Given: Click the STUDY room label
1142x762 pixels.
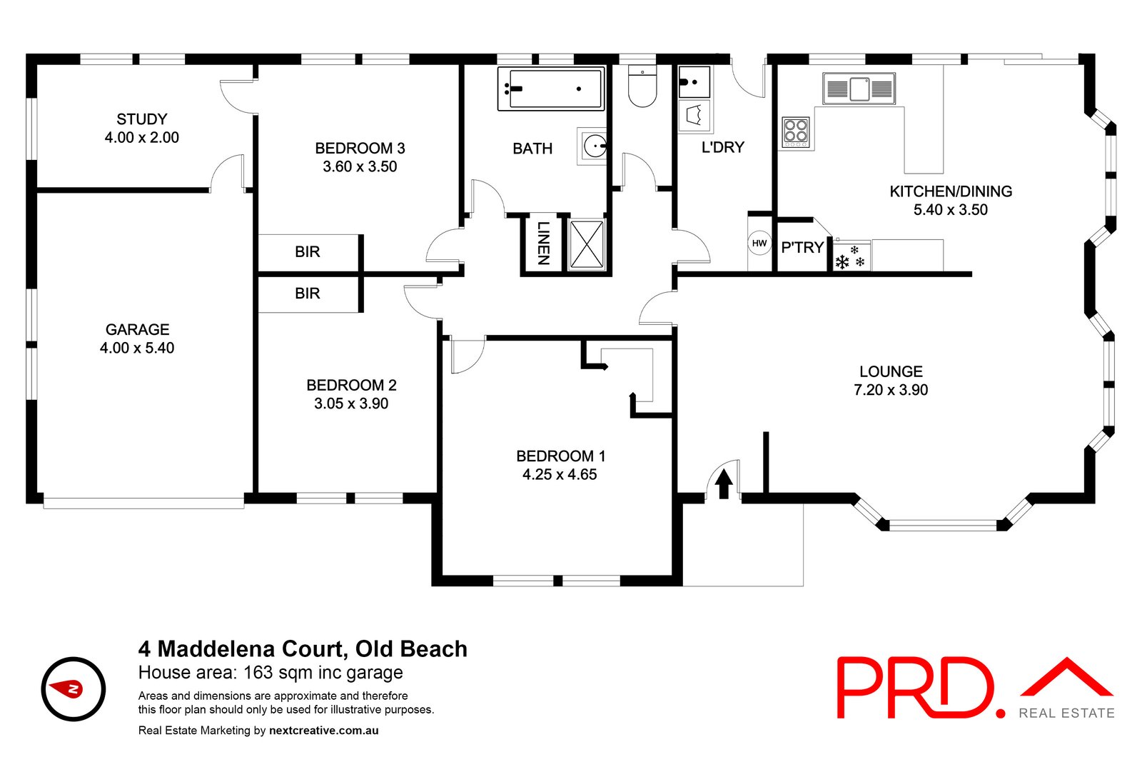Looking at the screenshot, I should [x=141, y=119].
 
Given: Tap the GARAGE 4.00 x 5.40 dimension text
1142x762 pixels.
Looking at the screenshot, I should [x=137, y=348].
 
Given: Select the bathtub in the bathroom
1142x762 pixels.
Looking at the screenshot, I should [x=550, y=89].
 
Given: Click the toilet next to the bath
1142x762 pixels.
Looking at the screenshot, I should [x=642, y=86].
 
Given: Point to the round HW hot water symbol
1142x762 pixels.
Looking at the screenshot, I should [x=759, y=243].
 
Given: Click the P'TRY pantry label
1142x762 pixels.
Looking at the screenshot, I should [x=802, y=248].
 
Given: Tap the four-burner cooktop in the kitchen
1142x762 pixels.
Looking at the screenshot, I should [x=796, y=132].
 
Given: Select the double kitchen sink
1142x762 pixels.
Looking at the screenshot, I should [x=859, y=89].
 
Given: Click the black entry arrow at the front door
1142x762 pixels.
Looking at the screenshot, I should [x=724, y=483].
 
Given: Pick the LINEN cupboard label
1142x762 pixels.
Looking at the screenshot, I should [x=544, y=243].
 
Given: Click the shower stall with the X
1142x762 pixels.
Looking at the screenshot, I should [x=587, y=244].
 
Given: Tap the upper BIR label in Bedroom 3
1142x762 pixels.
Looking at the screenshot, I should [x=308, y=252].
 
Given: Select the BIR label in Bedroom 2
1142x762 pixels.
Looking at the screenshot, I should [x=308, y=294].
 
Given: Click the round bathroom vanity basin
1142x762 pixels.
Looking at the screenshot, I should [x=594, y=147].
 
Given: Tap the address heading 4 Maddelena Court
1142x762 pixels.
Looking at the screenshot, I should [x=303, y=648].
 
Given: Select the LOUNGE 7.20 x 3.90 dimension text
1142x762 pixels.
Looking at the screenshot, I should [x=891, y=390].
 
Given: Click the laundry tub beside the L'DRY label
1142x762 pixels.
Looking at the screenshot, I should [x=694, y=114].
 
